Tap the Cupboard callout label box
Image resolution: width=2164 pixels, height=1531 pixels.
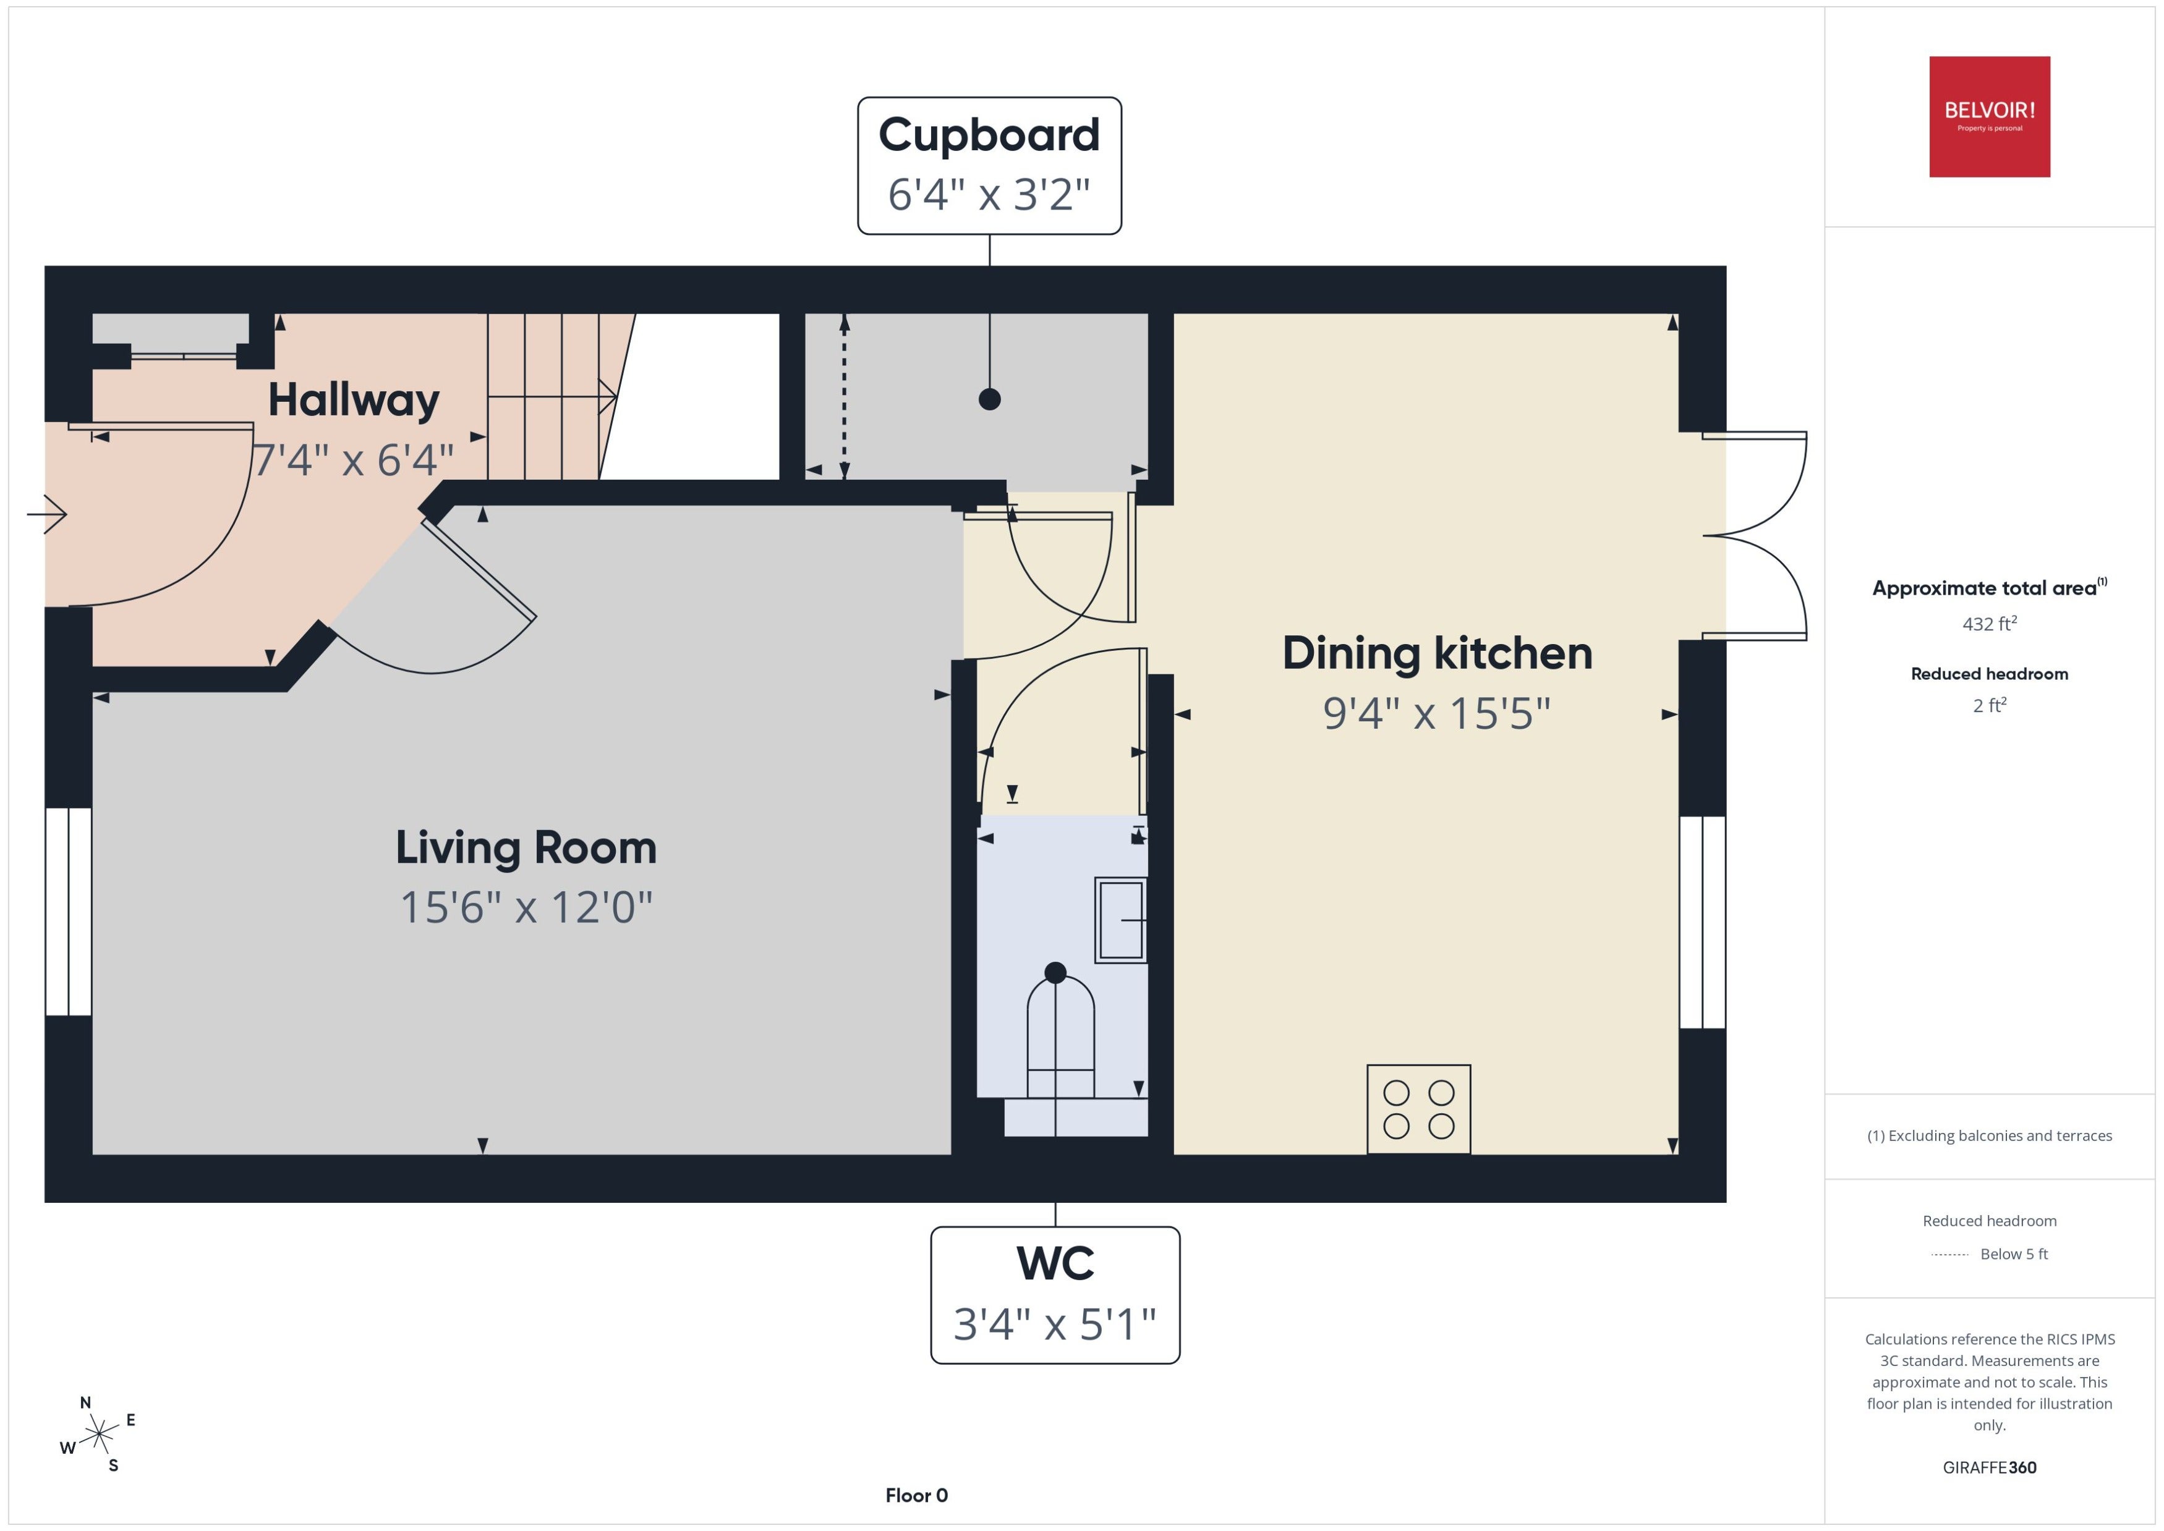coord(989,165)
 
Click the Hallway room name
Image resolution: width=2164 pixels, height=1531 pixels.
coord(354,401)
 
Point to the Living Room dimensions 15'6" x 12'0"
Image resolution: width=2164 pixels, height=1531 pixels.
coord(526,907)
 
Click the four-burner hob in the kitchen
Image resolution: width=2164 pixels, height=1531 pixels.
coord(1418,1109)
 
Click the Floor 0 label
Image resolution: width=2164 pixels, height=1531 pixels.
coord(916,1495)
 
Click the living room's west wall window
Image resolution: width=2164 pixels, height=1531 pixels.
coord(69,912)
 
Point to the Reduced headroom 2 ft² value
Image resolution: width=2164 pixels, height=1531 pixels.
coord(1990,705)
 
